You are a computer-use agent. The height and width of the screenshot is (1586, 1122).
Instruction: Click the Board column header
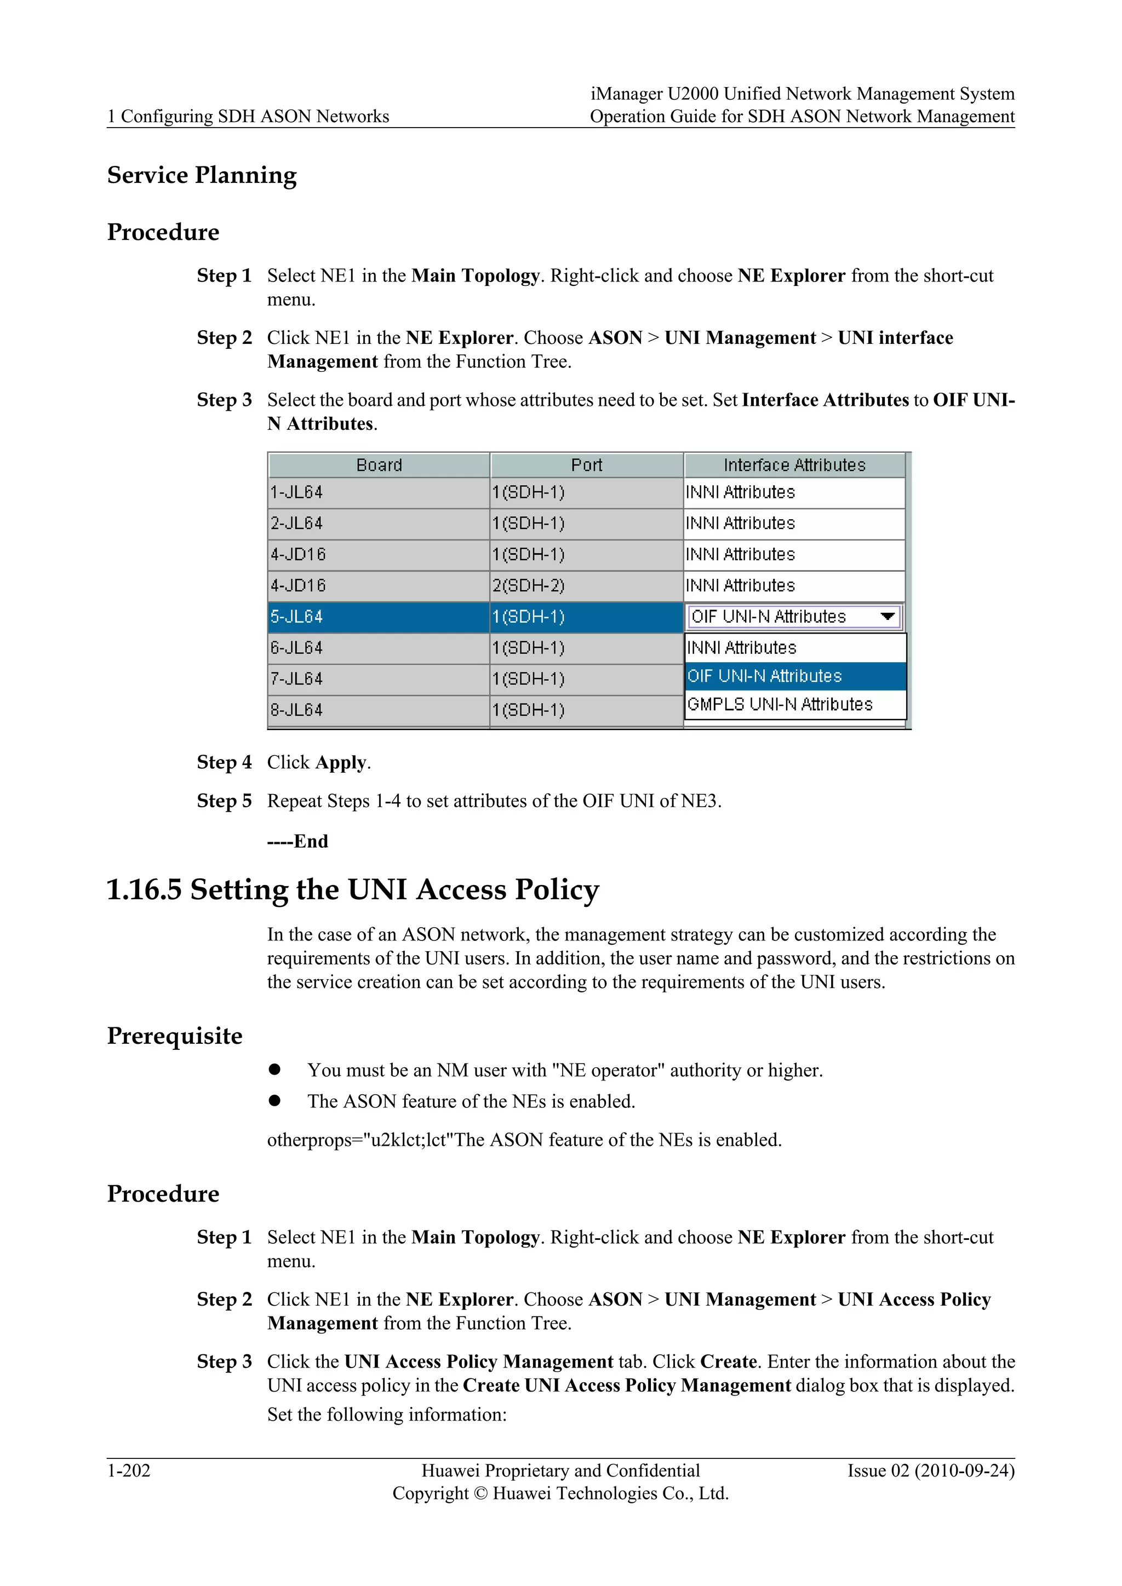click(379, 465)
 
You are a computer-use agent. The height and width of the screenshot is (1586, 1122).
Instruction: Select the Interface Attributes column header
click(794, 465)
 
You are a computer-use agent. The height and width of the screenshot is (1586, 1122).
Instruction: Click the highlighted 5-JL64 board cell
click(379, 616)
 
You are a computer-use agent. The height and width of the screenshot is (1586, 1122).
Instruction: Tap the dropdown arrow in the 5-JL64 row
click(888, 616)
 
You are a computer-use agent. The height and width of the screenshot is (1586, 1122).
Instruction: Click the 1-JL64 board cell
click(379, 492)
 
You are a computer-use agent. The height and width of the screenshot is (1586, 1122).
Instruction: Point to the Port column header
click(587, 465)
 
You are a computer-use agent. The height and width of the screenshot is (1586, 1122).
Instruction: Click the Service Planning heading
click(202, 175)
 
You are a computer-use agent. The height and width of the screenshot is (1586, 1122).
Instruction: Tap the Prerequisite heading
click(175, 1036)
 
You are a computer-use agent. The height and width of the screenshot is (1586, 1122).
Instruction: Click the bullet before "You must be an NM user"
click(275, 1070)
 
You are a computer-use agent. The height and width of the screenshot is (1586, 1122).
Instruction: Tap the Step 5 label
click(224, 801)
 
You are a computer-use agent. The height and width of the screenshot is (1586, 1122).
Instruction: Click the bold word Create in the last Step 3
click(729, 1361)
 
